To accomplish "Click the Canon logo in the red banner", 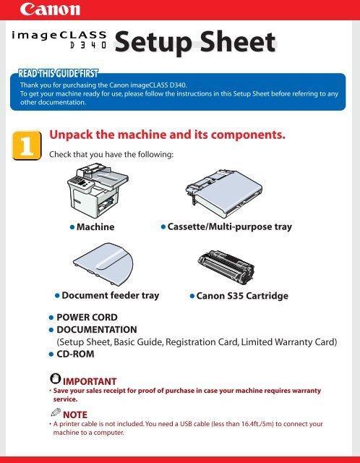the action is coord(50,9).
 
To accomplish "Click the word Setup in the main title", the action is coord(153,43).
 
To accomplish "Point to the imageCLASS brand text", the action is coord(59,35).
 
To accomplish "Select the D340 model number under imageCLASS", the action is coord(88,45).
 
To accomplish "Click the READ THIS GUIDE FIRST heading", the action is coord(58,73).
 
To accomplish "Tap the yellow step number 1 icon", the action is coord(27,145).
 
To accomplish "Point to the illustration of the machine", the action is coord(98,190).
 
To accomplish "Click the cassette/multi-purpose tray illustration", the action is coord(223,192).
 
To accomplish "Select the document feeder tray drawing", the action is coord(103,264).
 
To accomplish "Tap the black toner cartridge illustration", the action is coord(226,267).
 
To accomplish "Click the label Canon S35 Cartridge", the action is coord(242,296).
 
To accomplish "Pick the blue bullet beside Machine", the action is coord(72,227).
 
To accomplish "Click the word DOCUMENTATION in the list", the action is coord(97,330).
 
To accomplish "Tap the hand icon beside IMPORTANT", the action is coord(55,378).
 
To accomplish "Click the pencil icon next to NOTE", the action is coord(56,412).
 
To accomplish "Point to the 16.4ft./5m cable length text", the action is coord(256,424).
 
